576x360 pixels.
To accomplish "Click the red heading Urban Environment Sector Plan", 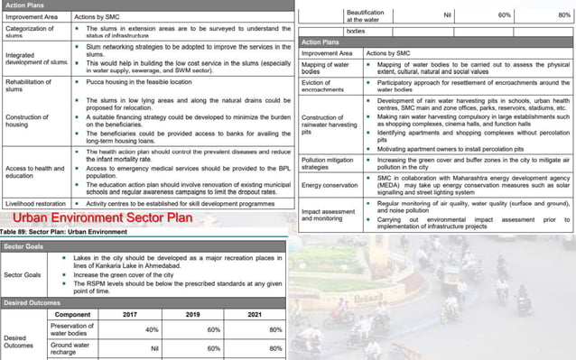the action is click(105, 217).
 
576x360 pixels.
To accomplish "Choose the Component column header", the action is click(72, 313).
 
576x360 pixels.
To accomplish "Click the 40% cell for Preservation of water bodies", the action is click(152, 329).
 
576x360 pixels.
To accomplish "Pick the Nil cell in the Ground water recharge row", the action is click(154, 346).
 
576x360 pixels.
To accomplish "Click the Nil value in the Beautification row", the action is click(447, 14).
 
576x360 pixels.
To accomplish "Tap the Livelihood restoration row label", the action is click(35, 204).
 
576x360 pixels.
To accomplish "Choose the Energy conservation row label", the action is click(330, 186).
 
